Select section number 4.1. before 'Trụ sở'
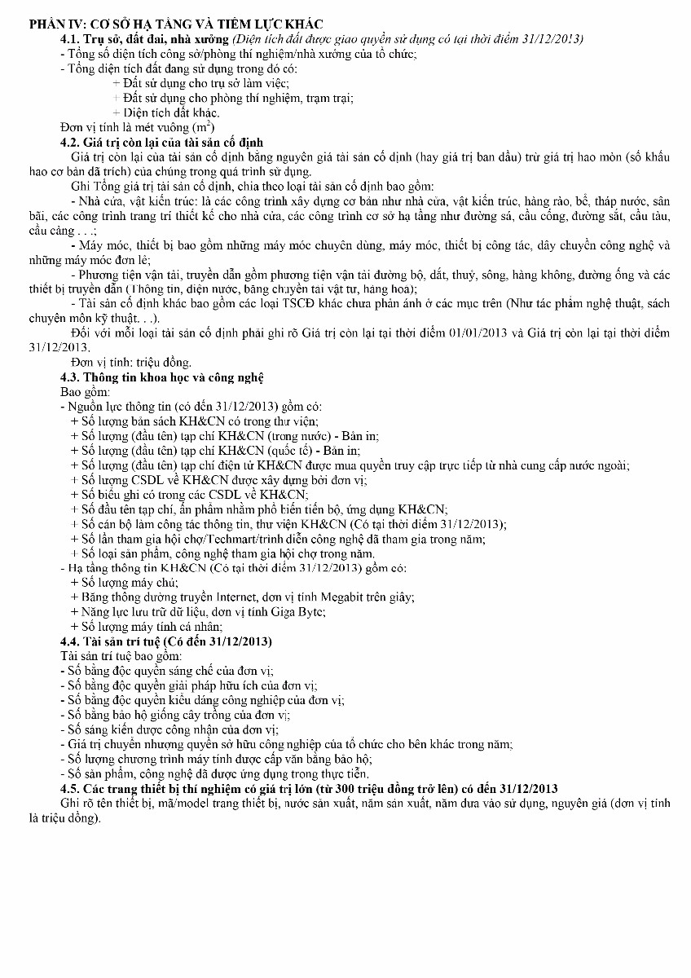72,39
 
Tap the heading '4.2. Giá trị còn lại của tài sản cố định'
162,142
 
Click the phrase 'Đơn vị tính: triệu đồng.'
131,362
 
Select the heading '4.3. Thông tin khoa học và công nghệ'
162,377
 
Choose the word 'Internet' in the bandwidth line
222,597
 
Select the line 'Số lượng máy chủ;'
128,583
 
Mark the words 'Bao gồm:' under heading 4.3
84,391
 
